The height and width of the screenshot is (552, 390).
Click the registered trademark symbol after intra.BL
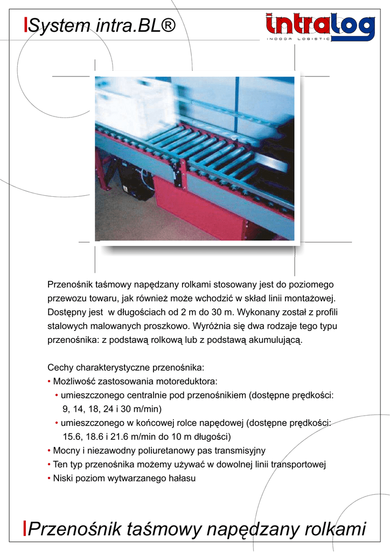coord(168,25)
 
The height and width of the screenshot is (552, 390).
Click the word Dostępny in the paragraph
coord(67,312)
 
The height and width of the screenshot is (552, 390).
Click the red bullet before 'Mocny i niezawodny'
coord(50,450)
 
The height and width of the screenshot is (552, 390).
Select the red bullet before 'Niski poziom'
coord(50,478)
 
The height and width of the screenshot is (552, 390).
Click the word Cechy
coord(60,368)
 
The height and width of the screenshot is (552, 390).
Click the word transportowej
coord(299,464)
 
